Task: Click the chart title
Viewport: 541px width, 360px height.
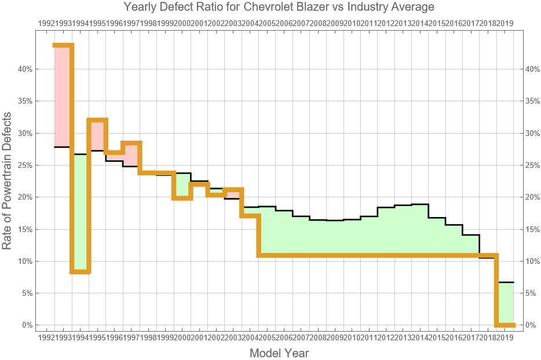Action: [279, 8]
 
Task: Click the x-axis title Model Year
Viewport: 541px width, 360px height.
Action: [279, 352]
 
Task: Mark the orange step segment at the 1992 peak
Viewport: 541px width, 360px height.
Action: [63, 46]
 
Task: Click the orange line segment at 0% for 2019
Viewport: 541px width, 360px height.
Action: [506, 325]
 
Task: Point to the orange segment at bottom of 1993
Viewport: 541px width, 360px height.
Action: [80, 271]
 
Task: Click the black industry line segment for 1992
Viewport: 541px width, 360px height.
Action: [62, 147]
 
